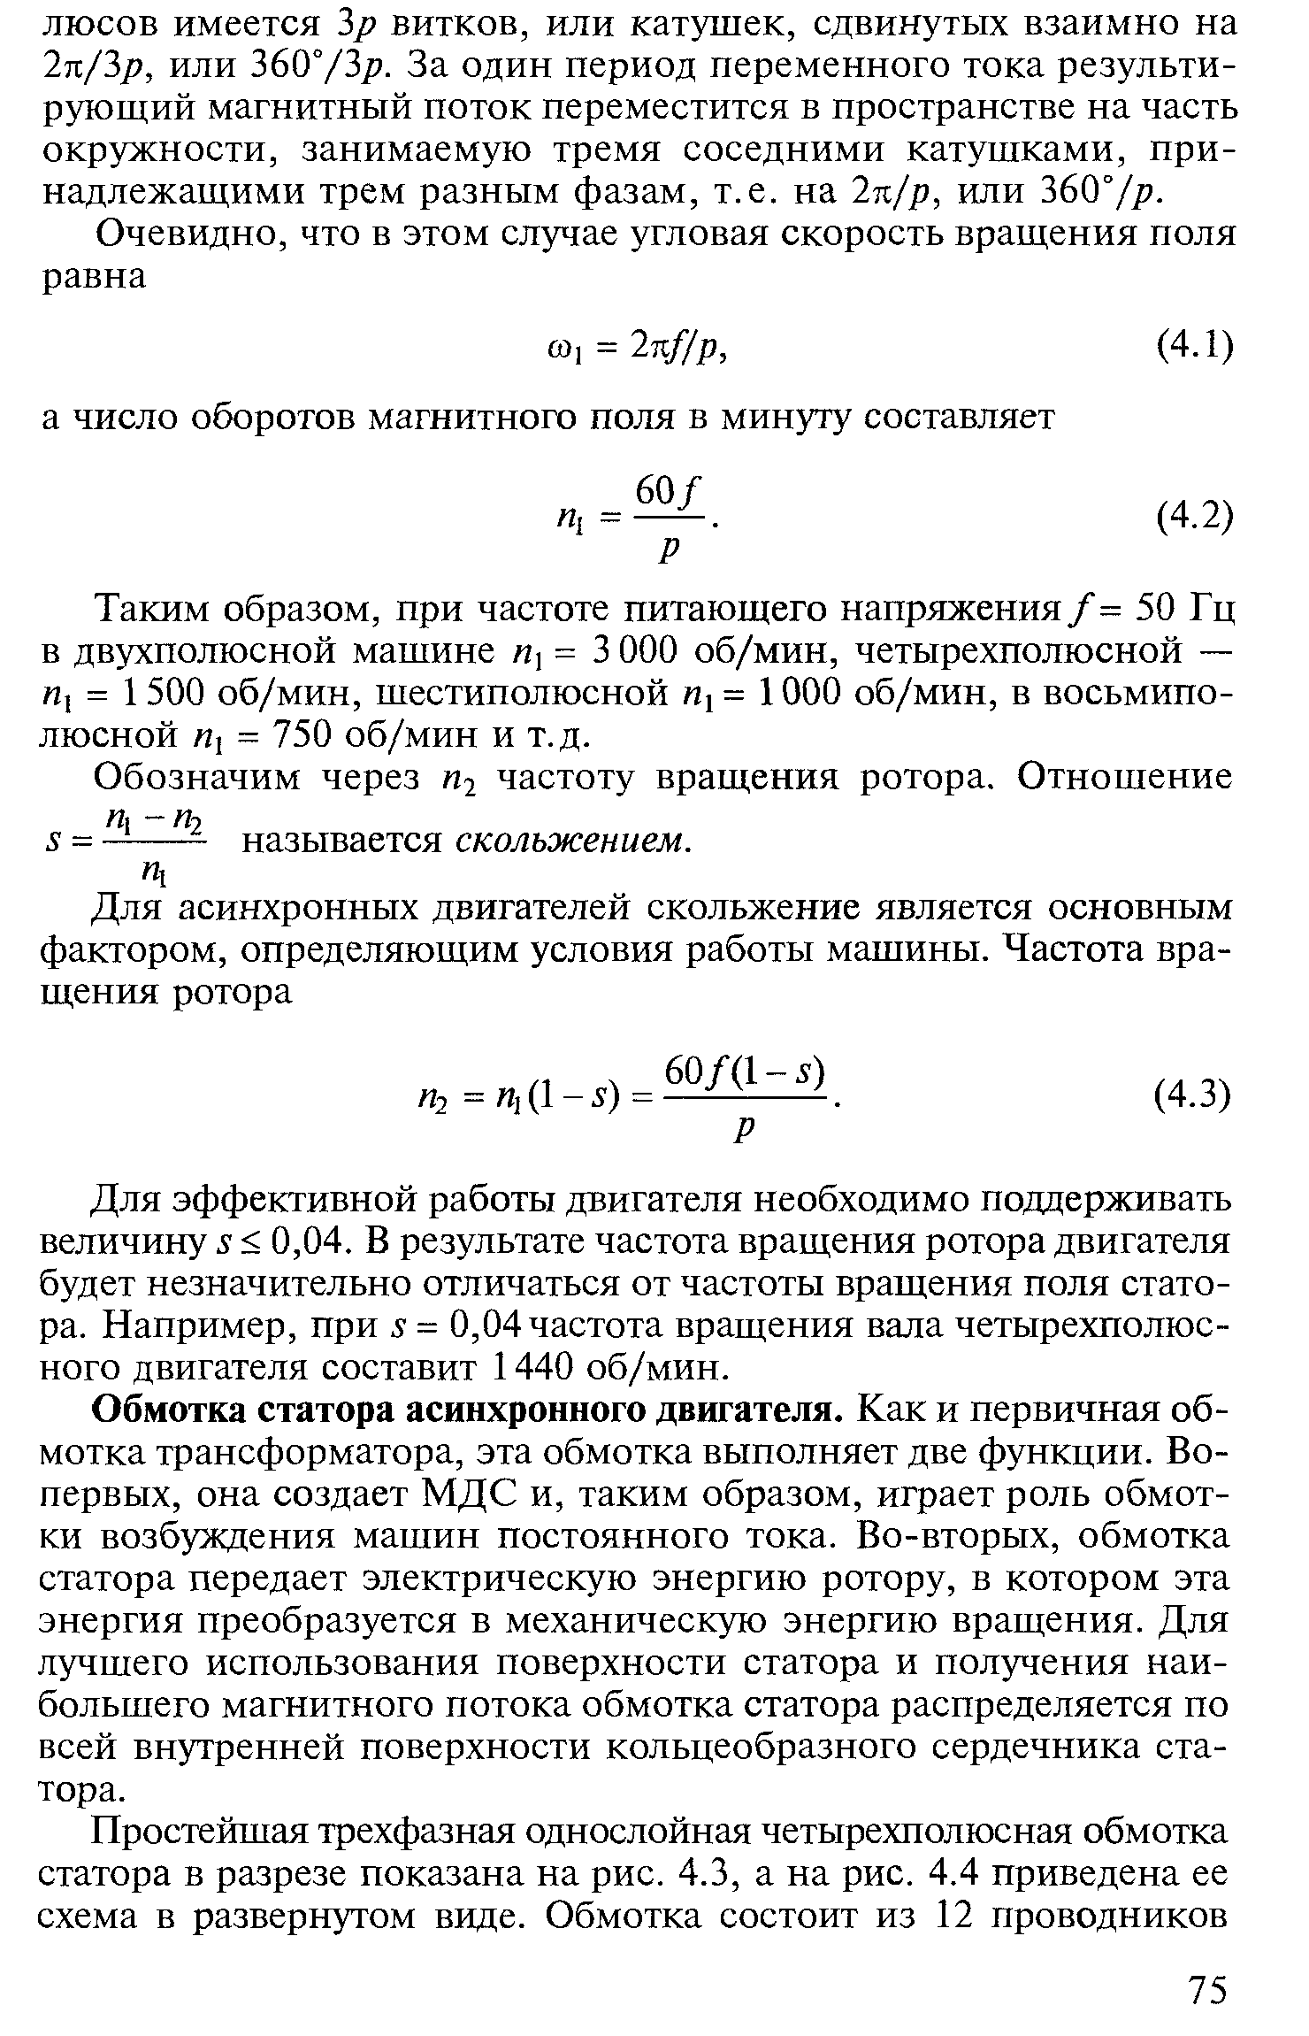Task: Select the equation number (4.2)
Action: (x=1194, y=516)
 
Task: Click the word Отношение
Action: (x=1123, y=778)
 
